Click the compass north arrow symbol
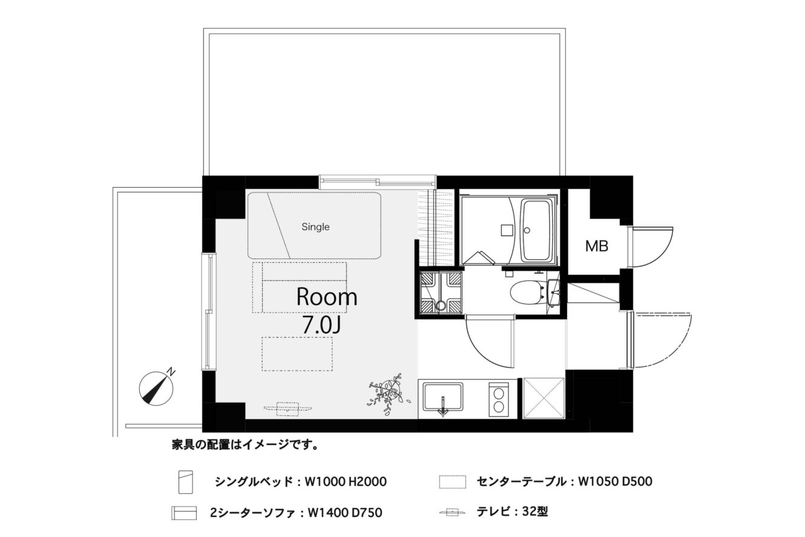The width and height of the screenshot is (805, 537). [157, 388]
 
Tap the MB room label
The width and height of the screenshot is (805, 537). [597, 246]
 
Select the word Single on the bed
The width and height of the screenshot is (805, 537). [315, 227]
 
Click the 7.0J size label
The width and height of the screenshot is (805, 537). [321, 326]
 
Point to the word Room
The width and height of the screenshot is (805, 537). [327, 297]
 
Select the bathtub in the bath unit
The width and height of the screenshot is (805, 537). [537, 231]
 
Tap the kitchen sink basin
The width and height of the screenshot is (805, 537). [442, 397]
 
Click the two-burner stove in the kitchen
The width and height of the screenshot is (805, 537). [499, 400]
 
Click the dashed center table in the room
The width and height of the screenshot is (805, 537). [297, 354]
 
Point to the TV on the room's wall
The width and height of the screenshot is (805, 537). [287, 409]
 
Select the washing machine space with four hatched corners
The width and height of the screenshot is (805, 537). [441, 293]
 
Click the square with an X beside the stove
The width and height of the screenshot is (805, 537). [544, 398]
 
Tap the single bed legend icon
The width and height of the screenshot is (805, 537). [186, 482]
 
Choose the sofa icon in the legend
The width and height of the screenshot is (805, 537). [184, 513]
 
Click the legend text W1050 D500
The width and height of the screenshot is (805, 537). [615, 481]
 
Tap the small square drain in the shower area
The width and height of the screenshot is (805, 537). [506, 230]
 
